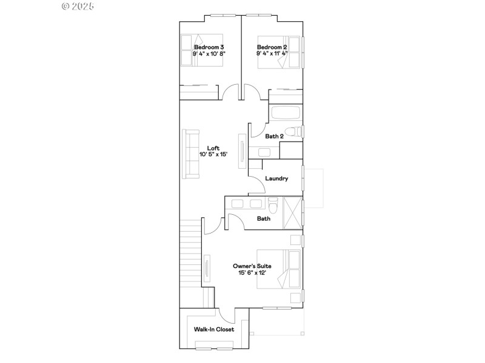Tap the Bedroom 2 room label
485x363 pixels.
tap(272, 47)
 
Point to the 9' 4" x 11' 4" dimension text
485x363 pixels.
tap(272, 53)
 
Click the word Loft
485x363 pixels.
tap(213, 148)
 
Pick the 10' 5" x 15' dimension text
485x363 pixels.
tap(213, 154)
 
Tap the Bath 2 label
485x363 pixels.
tap(274, 137)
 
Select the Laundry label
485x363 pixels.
tap(276, 178)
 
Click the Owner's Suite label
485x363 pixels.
tap(252, 266)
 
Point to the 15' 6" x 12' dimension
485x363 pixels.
tap(252, 273)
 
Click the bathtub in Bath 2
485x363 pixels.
tap(286, 113)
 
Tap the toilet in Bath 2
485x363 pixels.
tap(293, 131)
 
